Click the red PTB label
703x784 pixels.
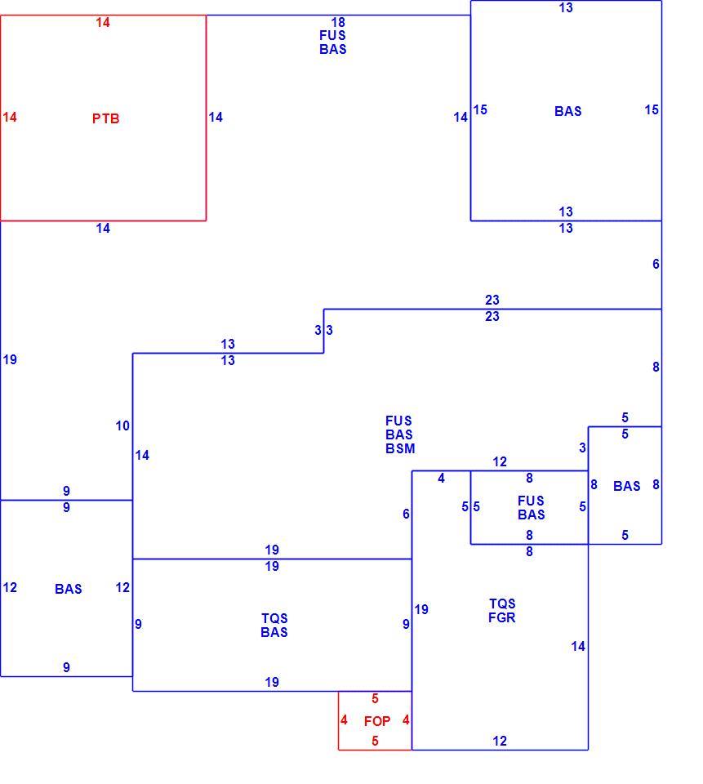tap(105, 118)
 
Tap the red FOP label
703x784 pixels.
tap(377, 721)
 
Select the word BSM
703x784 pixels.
tap(400, 448)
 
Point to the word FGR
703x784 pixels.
tap(501, 617)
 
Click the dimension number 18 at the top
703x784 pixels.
tap(338, 22)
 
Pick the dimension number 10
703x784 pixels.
tap(122, 426)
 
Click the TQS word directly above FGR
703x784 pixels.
tap(502, 604)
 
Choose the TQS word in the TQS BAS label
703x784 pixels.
tap(274, 618)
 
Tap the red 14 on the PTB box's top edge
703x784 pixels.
tap(103, 23)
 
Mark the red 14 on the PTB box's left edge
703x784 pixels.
tap(10, 117)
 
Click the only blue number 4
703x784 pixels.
tap(441, 479)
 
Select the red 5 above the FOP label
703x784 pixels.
tap(375, 698)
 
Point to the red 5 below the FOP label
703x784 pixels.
tap(375, 741)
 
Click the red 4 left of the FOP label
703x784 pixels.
tap(344, 720)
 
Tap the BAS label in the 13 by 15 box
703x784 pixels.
tap(568, 111)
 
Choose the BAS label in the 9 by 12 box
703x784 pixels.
tap(69, 589)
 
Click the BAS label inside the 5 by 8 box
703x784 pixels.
tap(627, 486)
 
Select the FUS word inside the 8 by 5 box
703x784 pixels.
tap(531, 501)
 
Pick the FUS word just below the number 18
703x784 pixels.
tap(332, 35)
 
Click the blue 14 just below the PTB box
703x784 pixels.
tap(103, 229)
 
